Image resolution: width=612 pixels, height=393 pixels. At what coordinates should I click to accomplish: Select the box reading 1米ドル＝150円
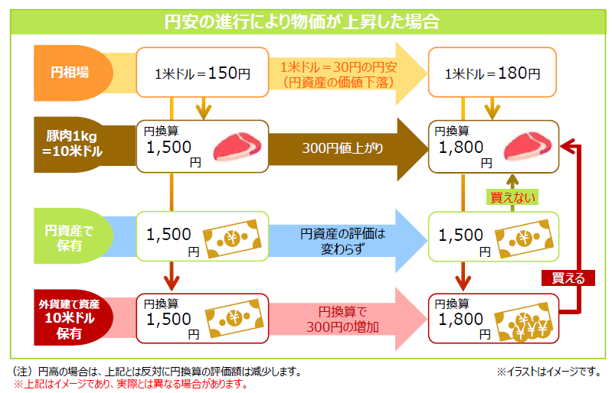(x=202, y=74)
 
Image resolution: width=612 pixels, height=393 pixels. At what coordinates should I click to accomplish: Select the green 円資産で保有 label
(x=70, y=236)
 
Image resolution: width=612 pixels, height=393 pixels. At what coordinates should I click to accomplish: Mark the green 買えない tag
(x=513, y=196)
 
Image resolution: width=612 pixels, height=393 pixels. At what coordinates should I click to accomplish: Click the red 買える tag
(x=568, y=278)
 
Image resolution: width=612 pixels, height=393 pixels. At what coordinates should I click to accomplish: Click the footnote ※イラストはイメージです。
(x=547, y=372)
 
